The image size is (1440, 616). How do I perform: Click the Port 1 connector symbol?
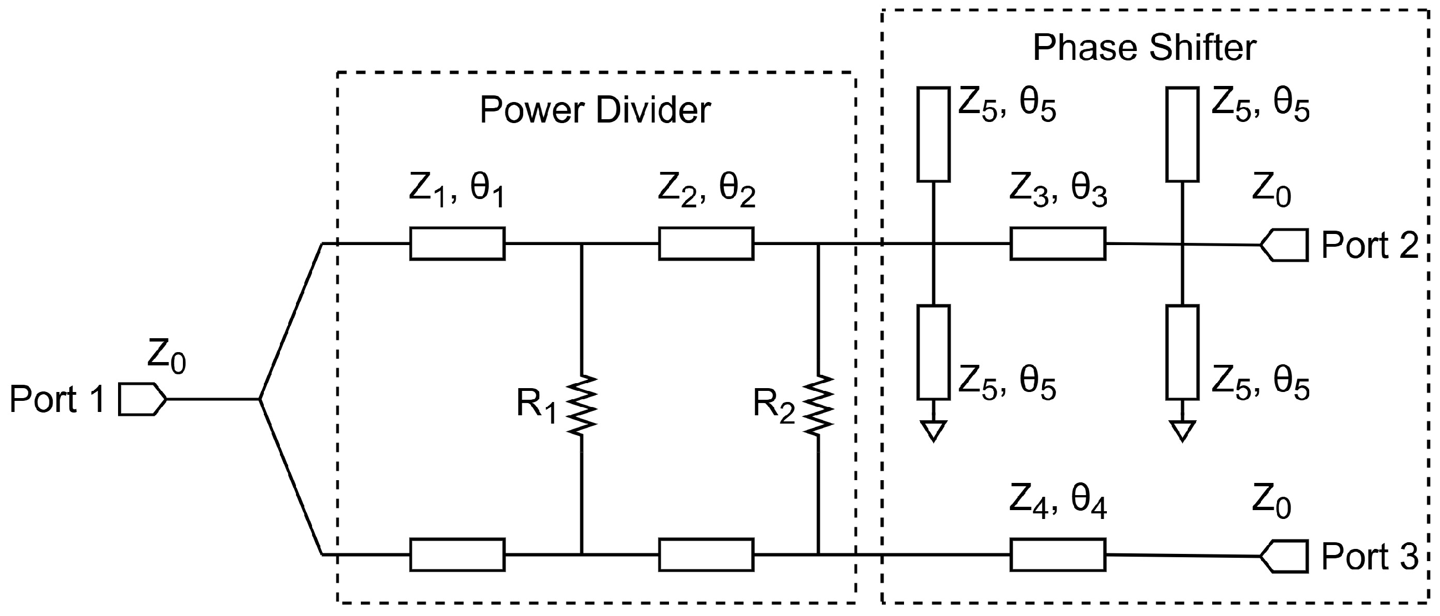[x=142, y=399]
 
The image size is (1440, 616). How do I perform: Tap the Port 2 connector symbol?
[x=1284, y=245]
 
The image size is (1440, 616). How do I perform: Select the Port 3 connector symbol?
[x=1284, y=557]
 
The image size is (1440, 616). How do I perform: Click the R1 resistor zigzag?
[x=582, y=405]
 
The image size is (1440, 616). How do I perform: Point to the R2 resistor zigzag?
[x=819, y=405]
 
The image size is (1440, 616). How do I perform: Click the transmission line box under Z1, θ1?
[x=457, y=244]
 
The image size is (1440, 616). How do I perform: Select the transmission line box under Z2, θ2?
[x=706, y=244]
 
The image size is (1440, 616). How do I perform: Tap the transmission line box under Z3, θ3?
[x=1058, y=244]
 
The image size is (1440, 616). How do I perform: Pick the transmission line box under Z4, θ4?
[x=1058, y=554]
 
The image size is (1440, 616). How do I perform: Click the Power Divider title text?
[x=595, y=110]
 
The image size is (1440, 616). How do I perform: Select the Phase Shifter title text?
[x=1144, y=48]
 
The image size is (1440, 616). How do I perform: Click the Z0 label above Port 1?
[x=167, y=356]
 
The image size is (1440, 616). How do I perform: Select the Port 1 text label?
[x=57, y=400]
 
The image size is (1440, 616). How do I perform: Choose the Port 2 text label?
[x=1370, y=245]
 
